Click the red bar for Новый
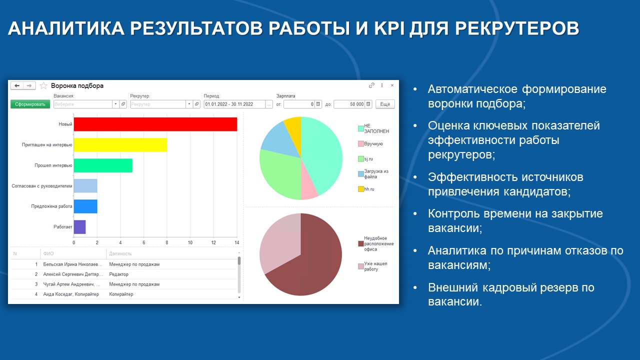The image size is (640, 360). coord(155,124)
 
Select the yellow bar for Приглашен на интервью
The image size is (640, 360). coord(120,144)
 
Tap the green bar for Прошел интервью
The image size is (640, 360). coord(102,165)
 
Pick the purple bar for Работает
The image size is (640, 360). coord(79,227)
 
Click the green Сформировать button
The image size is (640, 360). coord(30,104)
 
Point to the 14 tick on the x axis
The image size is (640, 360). coord(237,243)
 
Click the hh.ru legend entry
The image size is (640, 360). coord(369,189)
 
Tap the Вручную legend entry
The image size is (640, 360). coord(373,143)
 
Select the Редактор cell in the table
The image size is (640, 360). coord(119,274)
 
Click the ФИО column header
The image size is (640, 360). coord(49,253)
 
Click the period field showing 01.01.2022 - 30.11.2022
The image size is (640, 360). coord(233,104)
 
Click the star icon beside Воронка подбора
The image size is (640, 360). coord(43,85)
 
